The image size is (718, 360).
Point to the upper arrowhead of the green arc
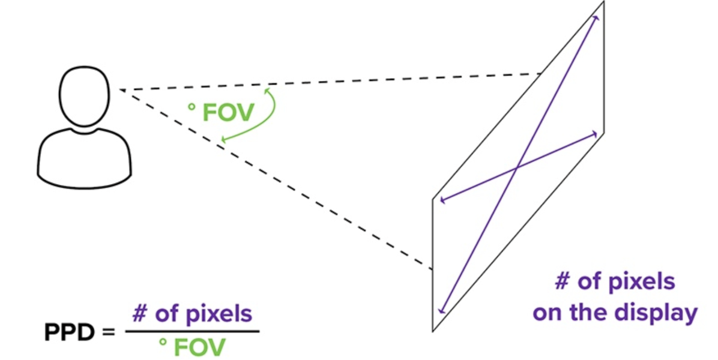coord(267,90)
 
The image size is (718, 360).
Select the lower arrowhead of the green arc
coord(224,139)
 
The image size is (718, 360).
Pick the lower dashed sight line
coord(276,179)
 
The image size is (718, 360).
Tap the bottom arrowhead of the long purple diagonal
coord(441,311)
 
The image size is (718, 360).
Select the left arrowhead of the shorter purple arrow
coord(442,199)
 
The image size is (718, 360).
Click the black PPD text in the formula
coord(69,332)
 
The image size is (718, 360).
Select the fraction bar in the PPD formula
coord(192,331)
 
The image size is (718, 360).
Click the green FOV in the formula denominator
coord(200,347)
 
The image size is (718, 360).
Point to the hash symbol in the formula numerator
coord(140,314)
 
